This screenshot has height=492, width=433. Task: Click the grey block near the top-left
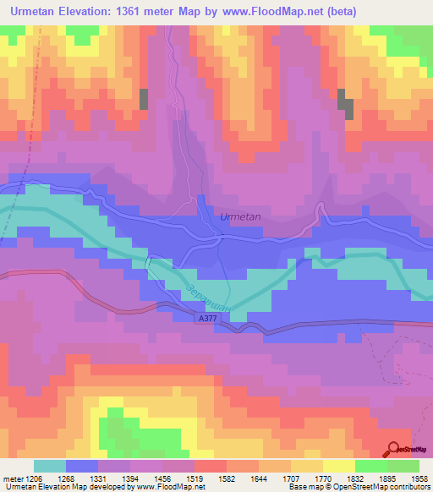pos(143,98)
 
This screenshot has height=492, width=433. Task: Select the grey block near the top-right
pos(346,104)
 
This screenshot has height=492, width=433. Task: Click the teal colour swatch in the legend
pos(49,466)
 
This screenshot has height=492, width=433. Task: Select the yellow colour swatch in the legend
pos(338,466)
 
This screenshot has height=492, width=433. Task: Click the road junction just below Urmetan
pos(219,239)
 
